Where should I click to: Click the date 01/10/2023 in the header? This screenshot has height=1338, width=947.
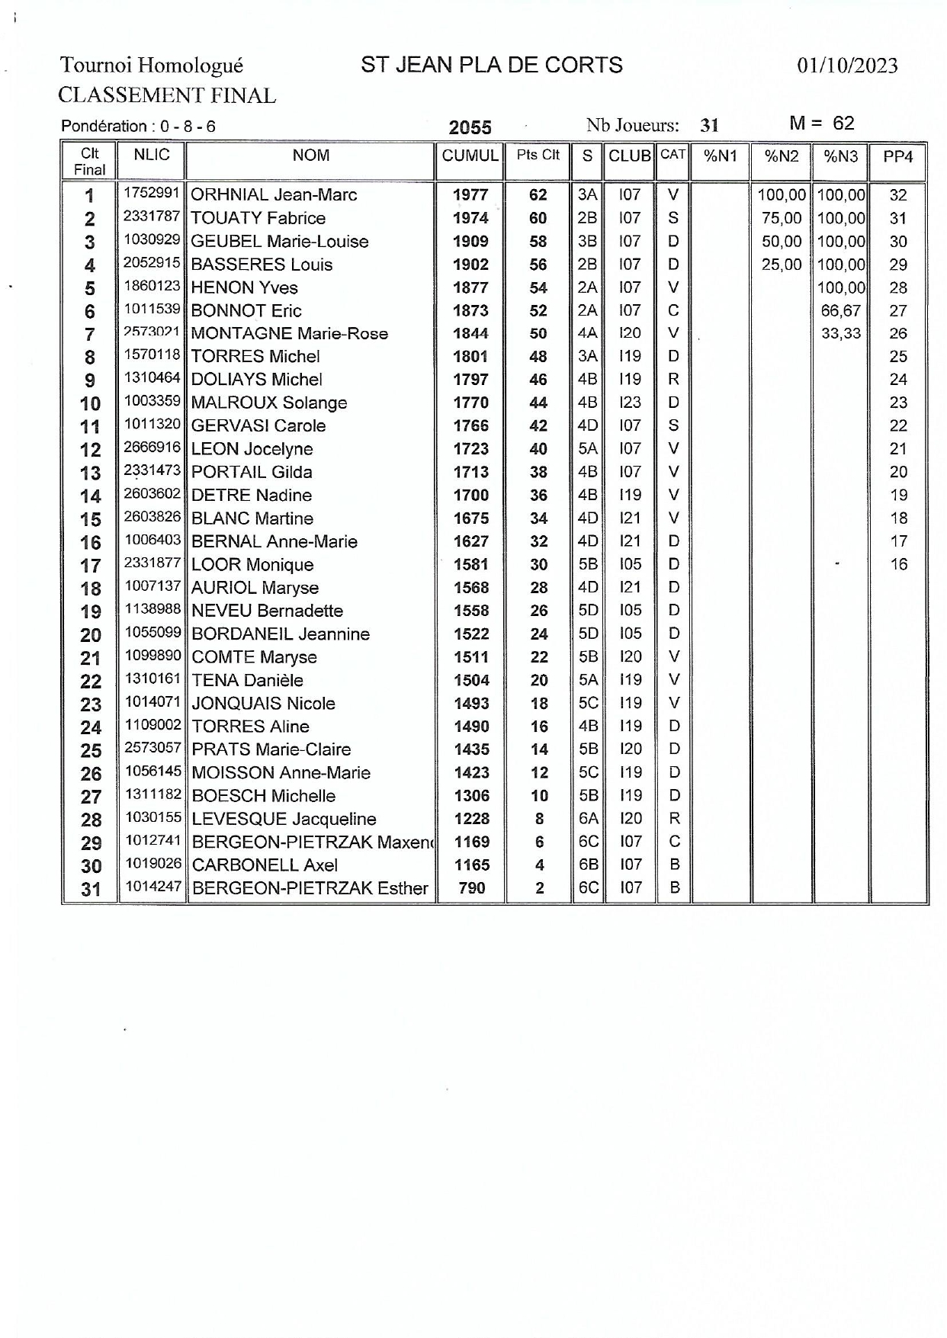[x=847, y=66]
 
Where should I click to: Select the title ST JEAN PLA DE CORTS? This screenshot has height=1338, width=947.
[x=492, y=66]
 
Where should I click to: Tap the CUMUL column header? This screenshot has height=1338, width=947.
[x=470, y=156]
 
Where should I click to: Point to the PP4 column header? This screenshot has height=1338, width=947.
[x=897, y=157]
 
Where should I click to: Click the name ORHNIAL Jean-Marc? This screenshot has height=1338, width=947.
[x=274, y=195]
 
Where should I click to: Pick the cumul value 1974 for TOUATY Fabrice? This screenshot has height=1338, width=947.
[x=470, y=218]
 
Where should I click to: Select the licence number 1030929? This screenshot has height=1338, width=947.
[x=152, y=240]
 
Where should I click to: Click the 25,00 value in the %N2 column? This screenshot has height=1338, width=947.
[x=782, y=265]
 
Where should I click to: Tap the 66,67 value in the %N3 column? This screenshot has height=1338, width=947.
[x=840, y=310]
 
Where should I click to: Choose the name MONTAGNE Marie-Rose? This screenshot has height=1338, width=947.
[x=289, y=334]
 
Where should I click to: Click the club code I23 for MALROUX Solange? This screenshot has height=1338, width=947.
[x=630, y=403]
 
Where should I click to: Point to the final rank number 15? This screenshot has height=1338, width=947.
[x=91, y=519]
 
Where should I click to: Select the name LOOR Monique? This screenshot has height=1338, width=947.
[x=252, y=565]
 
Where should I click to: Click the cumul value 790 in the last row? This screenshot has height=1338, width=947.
[x=472, y=888]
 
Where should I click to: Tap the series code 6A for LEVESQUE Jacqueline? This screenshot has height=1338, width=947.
[x=588, y=819]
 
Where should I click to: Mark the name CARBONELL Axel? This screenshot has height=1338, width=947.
[x=265, y=865]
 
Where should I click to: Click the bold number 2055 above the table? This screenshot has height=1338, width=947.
[x=470, y=127]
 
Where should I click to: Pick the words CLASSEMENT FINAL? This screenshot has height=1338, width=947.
[x=167, y=96]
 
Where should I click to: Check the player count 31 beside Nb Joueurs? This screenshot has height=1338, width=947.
[x=709, y=126]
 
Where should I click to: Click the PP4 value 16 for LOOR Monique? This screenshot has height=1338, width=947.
[x=898, y=565]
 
